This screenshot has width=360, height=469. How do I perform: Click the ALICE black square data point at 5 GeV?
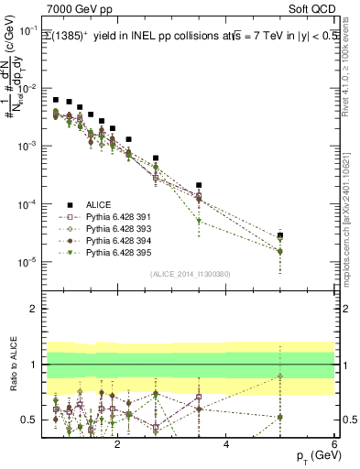pos(280,235)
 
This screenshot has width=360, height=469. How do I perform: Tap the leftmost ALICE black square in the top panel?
pos(56,100)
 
